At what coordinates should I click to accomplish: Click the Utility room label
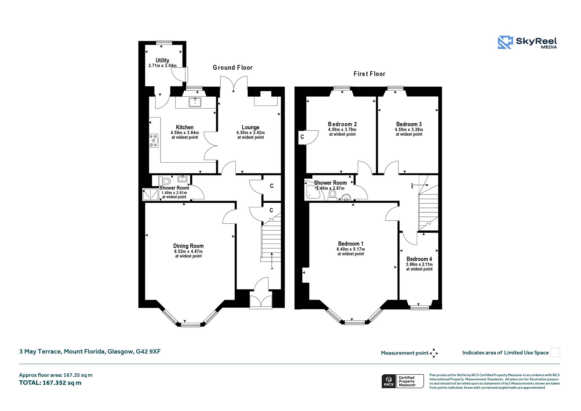pyautogui.click(x=162, y=60)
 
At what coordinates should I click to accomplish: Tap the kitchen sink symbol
pyautogui.click(x=195, y=102)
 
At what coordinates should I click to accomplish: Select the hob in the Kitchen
pyautogui.click(x=154, y=141)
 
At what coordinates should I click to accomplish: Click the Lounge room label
pyautogui.click(x=250, y=127)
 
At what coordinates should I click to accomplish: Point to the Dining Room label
pyautogui.click(x=188, y=246)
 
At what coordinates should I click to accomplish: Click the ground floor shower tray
pyautogui.click(x=150, y=194)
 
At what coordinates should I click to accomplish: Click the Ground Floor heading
pyautogui.click(x=233, y=68)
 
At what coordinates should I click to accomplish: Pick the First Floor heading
pyautogui.click(x=369, y=74)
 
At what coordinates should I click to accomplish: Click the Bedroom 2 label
pyautogui.click(x=342, y=124)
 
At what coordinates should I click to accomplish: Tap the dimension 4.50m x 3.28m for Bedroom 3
pyautogui.click(x=409, y=130)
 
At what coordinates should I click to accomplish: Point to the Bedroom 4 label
pyautogui.click(x=419, y=259)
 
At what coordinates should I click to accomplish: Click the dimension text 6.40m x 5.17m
pyautogui.click(x=351, y=249)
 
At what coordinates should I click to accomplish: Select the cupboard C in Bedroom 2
pyautogui.click(x=302, y=137)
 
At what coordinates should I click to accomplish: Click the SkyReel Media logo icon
pyautogui.click(x=505, y=43)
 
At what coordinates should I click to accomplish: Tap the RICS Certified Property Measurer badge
pyautogui.click(x=403, y=381)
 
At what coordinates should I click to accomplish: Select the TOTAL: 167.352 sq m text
pyautogui.click(x=50, y=383)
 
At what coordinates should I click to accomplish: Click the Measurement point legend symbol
pyautogui.click(x=434, y=353)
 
